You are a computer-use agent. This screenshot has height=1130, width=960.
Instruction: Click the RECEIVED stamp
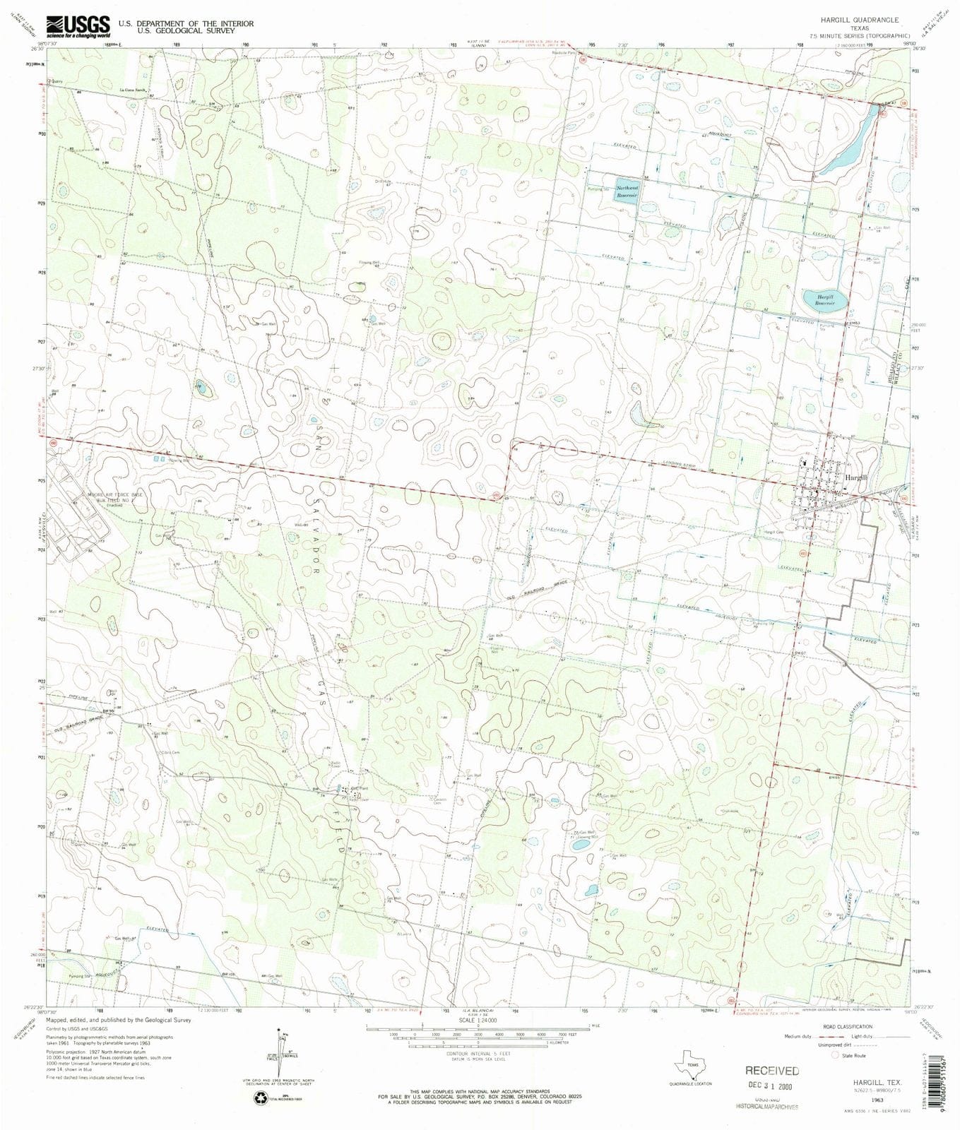(772, 1071)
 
